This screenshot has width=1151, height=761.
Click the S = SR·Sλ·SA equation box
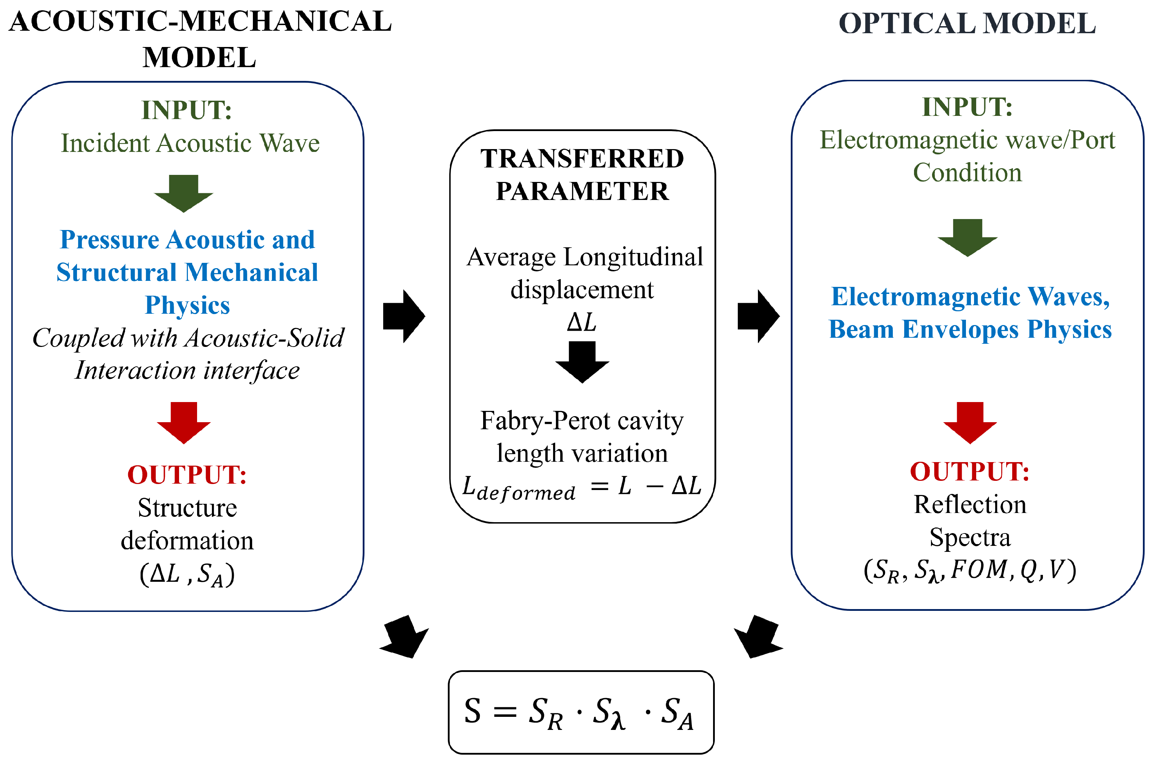pos(581,712)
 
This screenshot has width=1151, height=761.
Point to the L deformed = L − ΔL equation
pos(581,487)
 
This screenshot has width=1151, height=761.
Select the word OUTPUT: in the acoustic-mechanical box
pos(187,475)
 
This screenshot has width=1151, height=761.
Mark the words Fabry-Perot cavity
pos(582,420)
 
